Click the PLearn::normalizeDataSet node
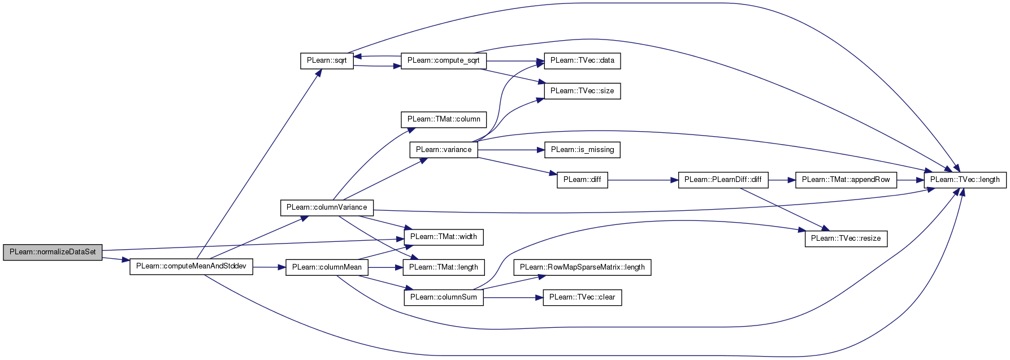click(53, 252)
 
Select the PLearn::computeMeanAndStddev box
click(191, 266)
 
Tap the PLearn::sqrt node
click(327, 60)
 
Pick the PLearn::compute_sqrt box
click(443, 60)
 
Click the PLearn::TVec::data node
click(582, 60)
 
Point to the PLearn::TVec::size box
click(582, 91)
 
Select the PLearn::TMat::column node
click(444, 119)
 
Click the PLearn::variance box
click(444, 150)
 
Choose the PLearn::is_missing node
click(582, 150)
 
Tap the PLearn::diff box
click(582, 180)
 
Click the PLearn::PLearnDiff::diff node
click(723, 180)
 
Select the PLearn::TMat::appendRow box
click(846, 180)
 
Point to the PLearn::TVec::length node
click(965, 180)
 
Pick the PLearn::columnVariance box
click(327, 207)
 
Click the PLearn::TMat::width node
click(444, 237)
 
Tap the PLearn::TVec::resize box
click(846, 238)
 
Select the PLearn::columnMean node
click(327, 267)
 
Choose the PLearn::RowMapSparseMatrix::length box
click(582, 267)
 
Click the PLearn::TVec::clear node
click(582, 297)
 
